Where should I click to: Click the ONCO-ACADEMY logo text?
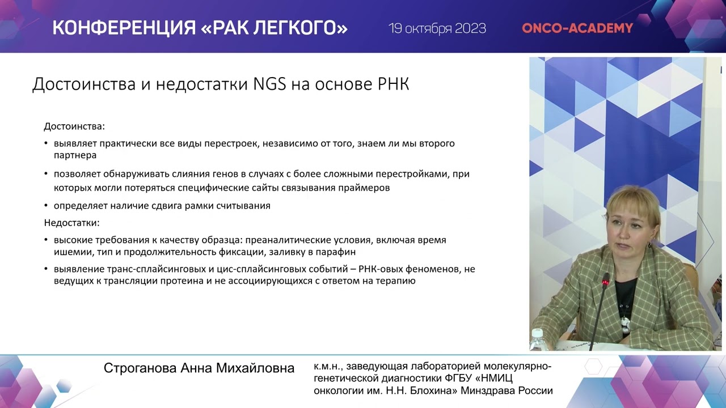pyautogui.click(x=577, y=28)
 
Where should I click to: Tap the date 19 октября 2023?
pyautogui.click(x=437, y=28)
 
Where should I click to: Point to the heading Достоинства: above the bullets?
pyautogui.click(x=74, y=127)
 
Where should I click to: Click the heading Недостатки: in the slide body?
pyautogui.click(x=71, y=223)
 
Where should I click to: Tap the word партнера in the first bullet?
pyautogui.click(x=75, y=155)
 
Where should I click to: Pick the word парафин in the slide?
pyautogui.click(x=339, y=252)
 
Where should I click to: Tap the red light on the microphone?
pyautogui.click(x=606, y=282)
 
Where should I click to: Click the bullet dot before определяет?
pyautogui.click(x=46, y=206)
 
